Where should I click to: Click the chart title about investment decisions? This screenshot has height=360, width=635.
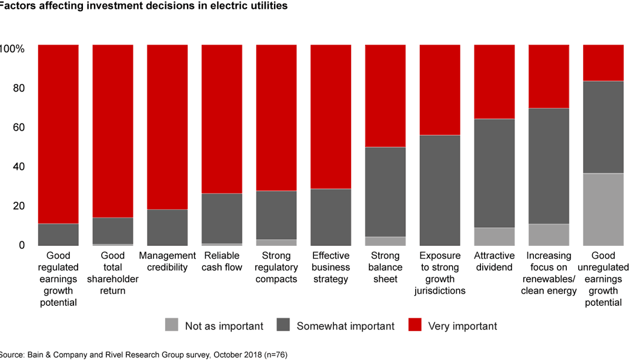(x=144, y=6)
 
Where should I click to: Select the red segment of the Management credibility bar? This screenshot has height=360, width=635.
(x=167, y=126)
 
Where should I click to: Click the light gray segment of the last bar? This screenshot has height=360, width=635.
(x=603, y=209)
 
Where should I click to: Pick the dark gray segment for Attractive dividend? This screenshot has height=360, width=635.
(x=494, y=173)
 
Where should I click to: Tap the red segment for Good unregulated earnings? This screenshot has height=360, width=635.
(x=603, y=62)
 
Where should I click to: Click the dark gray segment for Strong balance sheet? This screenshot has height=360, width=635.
(x=385, y=192)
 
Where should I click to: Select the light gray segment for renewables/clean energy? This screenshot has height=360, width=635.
(x=549, y=234)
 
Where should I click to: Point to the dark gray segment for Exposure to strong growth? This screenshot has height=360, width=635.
(x=440, y=190)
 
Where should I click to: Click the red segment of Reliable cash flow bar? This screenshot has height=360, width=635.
(x=222, y=119)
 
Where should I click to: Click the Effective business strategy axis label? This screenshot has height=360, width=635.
(x=330, y=267)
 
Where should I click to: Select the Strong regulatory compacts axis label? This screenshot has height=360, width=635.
(x=276, y=267)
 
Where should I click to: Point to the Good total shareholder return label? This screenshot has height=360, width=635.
(x=112, y=273)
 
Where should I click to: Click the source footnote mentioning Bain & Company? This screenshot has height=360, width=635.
(x=144, y=354)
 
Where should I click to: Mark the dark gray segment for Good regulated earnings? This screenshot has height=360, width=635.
(x=58, y=234)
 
